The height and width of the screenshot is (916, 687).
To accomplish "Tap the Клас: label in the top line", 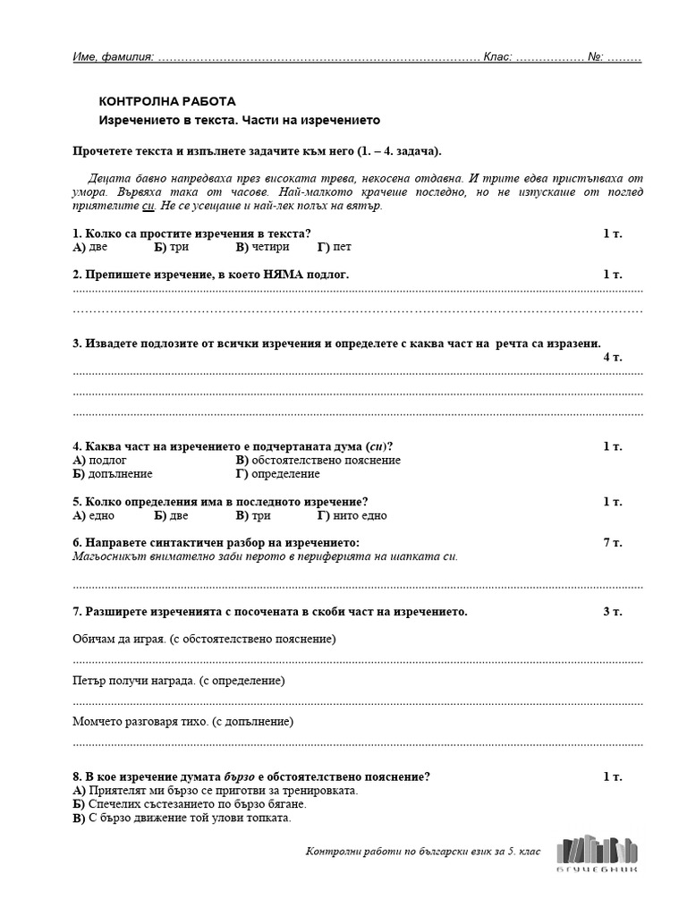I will pyautogui.click(x=498, y=57).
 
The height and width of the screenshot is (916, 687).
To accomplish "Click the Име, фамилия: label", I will pyautogui.click(x=113, y=57).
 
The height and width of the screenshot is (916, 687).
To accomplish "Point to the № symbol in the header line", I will pyautogui.click(x=596, y=57).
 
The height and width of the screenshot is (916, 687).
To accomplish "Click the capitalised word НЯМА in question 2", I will pyautogui.click(x=284, y=275).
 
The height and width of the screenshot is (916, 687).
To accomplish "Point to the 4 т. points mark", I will pyautogui.click(x=612, y=357).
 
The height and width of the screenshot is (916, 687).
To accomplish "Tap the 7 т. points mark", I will pyautogui.click(x=612, y=543).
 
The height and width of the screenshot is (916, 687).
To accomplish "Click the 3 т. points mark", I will pyautogui.click(x=612, y=612).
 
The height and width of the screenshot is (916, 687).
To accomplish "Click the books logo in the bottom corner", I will pyautogui.click(x=598, y=852).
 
